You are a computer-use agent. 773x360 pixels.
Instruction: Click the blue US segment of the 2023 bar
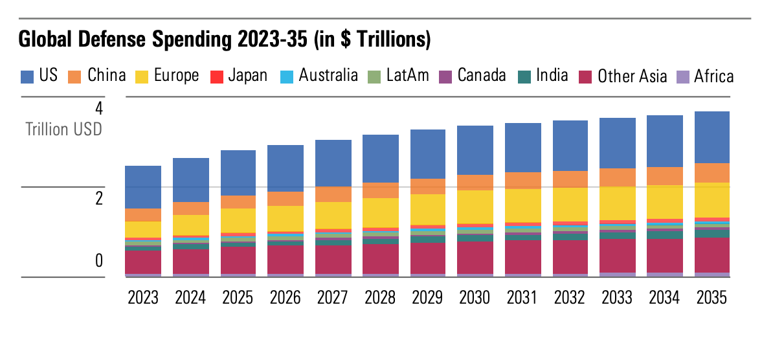tap(143, 186)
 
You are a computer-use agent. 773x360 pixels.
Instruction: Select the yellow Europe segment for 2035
tap(712, 199)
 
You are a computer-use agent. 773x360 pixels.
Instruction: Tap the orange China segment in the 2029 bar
tap(429, 186)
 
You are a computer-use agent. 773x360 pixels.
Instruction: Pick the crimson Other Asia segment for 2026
tap(286, 259)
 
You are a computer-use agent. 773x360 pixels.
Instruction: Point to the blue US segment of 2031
tap(523, 147)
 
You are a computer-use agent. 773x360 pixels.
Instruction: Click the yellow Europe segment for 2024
tap(190, 225)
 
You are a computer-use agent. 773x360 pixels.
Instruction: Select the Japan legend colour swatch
tap(217, 76)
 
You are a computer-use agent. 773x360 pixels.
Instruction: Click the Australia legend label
tap(328, 76)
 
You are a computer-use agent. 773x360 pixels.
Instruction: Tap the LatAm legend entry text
tap(407, 76)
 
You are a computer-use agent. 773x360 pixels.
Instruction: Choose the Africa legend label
tap(713, 77)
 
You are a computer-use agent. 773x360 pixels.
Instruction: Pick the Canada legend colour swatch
tap(445, 76)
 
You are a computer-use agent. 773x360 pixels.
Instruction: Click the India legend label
tap(552, 76)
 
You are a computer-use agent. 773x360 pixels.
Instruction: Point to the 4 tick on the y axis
tap(99, 107)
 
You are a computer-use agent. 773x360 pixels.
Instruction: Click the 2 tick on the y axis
tap(99, 198)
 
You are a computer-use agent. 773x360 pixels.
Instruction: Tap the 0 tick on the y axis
tap(99, 260)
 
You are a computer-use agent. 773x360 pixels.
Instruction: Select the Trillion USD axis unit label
tap(63, 129)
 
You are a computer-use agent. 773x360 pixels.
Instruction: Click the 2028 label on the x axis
tap(381, 297)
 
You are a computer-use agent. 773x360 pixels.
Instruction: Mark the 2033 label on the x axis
tap(618, 297)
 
